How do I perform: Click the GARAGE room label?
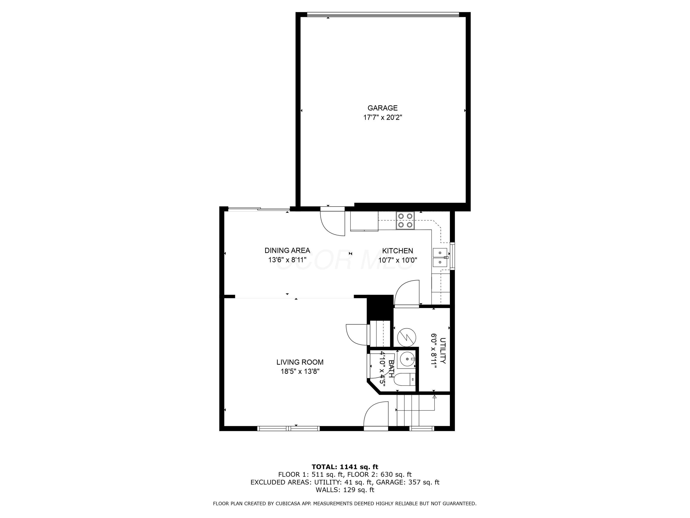[x=382, y=108]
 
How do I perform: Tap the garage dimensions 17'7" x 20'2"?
[x=382, y=118]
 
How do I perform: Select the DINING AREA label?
[x=287, y=250]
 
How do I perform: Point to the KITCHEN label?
[x=397, y=251]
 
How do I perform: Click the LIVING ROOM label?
[x=300, y=362]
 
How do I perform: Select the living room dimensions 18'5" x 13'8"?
[x=300, y=372]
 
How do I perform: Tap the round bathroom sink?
[x=407, y=359]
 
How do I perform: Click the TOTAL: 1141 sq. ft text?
[x=345, y=467]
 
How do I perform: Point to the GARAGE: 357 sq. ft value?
[x=407, y=482]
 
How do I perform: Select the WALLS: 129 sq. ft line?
[x=345, y=490]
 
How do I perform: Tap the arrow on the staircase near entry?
[x=434, y=397]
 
